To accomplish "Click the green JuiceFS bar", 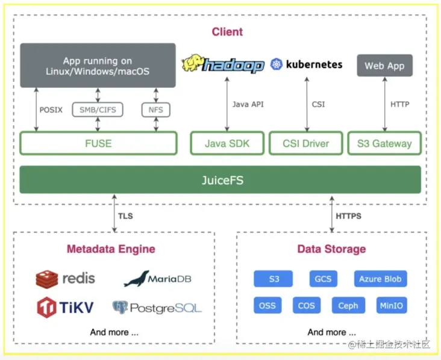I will click(220, 179).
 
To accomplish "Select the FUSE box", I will click(98, 144).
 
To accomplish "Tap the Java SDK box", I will click(227, 144).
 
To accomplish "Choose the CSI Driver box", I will click(306, 144).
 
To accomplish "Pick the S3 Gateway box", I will click(384, 144).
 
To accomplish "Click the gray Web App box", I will click(384, 66).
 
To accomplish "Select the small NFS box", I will click(156, 110).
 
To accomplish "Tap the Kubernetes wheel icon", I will click(277, 64).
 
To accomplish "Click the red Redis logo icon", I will click(46, 279).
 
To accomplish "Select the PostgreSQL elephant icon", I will click(120, 308).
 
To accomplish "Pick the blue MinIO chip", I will click(391, 305).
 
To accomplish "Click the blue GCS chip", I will click(323, 279).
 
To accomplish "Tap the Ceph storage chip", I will click(348, 305).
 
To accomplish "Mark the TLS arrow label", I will click(125, 216).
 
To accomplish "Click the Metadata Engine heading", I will click(111, 249).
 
